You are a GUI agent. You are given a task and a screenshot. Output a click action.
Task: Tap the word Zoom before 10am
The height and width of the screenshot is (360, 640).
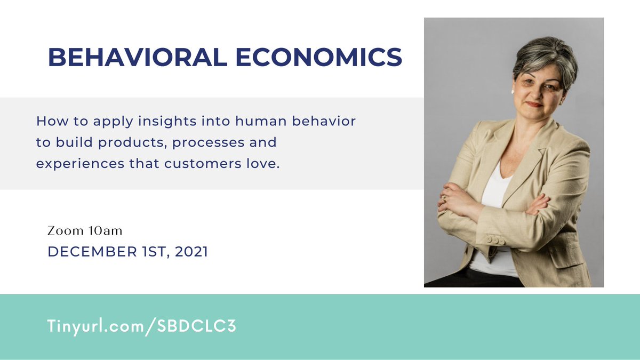tap(65, 231)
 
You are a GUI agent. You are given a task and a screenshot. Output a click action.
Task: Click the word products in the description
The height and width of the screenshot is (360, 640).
tap(127, 143)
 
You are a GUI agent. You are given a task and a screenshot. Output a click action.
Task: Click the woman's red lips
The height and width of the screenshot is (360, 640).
tap(534, 105)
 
